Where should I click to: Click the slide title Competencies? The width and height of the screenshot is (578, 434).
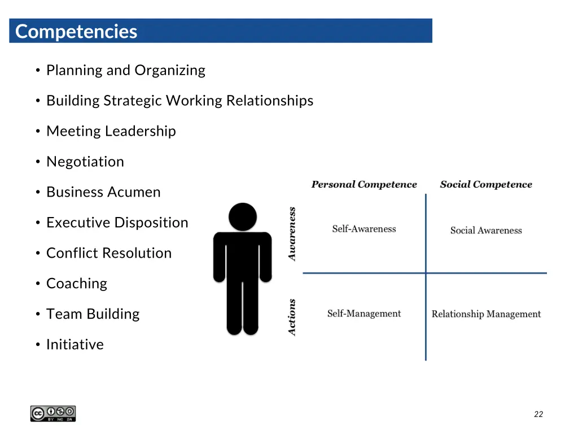(x=76, y=31)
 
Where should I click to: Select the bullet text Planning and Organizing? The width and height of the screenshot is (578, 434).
(x=125, y=70)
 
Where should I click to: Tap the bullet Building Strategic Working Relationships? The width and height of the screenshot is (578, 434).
(x=179, y=101)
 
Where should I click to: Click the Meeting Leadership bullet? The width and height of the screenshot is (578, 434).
(x=111, y=131)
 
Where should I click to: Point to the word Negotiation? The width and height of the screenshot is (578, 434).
(x=85, y=162)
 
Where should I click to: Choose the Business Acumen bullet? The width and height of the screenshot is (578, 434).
(x=103, y=192)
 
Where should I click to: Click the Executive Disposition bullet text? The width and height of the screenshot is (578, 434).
(x=117, y=223)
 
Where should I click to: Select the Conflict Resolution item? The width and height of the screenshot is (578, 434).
(x=108, y=253)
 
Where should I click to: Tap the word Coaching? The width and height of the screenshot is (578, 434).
(x=76, y=284)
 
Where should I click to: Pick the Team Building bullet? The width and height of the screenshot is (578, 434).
(x=93, y=314)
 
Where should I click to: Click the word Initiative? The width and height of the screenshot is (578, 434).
(x=75, y=345)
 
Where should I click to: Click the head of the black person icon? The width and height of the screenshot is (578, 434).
(x=243, y=216)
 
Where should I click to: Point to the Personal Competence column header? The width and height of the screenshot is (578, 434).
(x=364, y=185)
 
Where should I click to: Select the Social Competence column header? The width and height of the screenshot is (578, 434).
(x=486, y=185)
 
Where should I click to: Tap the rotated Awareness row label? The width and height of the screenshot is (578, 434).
(x=292, y=234)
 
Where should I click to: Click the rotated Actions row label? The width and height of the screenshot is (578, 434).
(x=292, y=317)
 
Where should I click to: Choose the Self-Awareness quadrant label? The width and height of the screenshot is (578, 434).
(x=364, y=229)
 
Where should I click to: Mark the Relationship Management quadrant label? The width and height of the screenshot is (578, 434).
(x=486, y=314)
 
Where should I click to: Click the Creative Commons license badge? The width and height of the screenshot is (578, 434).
(x=53, y=414)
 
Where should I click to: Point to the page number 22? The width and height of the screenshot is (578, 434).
(x=538, y=414)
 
